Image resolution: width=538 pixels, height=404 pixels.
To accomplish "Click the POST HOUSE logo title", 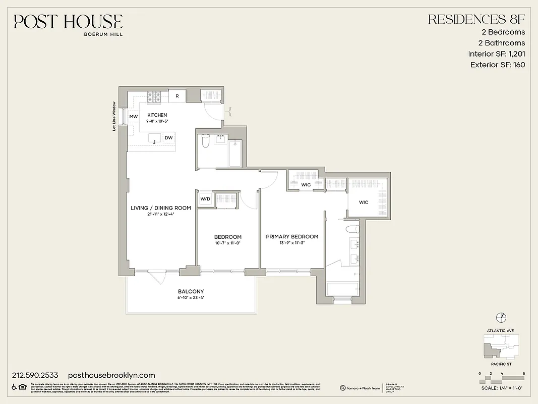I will [x=68, y=21].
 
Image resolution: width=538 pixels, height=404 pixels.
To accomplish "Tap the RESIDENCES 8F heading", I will [x=476, y=19].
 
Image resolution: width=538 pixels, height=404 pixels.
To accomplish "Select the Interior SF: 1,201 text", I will [x=496, y=54].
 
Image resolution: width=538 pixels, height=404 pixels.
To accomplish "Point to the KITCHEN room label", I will [x=157, y=115].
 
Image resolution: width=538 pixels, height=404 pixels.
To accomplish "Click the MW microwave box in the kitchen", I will [x=134, y=117].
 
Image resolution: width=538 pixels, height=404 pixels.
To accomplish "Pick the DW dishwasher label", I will [x=168, y=137].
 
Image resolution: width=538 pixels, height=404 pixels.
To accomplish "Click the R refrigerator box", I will [x=176, y=96].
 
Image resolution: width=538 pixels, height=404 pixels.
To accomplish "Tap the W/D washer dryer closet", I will [x=205, y=198].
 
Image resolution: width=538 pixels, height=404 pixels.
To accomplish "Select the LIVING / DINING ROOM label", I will [x=160, y=208].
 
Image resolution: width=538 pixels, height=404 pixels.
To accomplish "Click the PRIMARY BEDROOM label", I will [x=292, y=236].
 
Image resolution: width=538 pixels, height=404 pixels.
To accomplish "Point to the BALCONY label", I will [x=191, y=291].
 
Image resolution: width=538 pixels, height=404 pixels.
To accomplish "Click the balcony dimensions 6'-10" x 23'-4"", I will [x=191, y=298].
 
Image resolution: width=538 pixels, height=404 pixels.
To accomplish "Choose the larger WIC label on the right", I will [x=364, y=202].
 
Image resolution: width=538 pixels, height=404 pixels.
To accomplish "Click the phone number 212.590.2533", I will [x=35, y=375].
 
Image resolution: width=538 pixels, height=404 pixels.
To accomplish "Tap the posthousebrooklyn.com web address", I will [x=111, y=375].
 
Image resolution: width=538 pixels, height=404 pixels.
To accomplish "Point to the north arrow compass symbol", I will [x=501, y=317].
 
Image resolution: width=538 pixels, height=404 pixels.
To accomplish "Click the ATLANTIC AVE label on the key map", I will [x=501, y=331].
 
